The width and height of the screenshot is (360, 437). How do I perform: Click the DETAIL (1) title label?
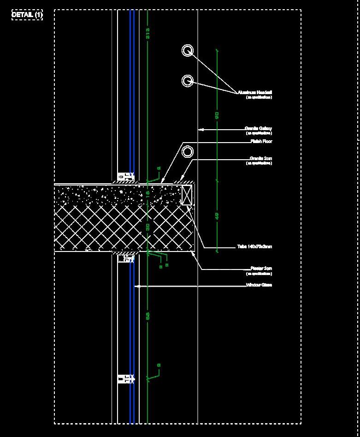(27, 15)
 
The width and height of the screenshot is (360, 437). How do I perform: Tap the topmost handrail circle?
(187, 50)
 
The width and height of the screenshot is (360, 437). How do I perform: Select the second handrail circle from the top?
(187, 81)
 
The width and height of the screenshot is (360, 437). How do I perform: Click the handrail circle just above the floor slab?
(187, 151)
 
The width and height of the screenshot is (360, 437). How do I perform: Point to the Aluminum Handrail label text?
(255, 92)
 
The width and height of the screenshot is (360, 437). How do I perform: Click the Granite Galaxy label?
(258, 128)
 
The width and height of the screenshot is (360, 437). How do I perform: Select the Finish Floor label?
(261, 141)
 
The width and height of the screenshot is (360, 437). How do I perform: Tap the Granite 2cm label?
(260, 159)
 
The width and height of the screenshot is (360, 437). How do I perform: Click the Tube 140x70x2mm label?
(254, 246)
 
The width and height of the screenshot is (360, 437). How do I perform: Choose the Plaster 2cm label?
(261, 269)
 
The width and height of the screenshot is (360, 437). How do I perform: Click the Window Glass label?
(259, 285)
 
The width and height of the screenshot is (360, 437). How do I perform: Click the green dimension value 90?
(217, 114)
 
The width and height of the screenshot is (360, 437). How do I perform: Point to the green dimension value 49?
(217, 216)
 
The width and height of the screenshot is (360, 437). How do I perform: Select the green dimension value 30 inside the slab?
(148, 227)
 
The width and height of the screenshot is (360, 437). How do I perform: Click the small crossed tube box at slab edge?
(187, 195)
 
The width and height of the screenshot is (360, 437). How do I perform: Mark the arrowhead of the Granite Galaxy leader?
(200, 130)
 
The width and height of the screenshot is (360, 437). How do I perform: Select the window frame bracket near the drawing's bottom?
(125, 379)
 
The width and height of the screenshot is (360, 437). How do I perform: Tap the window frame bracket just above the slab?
(125, 176)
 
